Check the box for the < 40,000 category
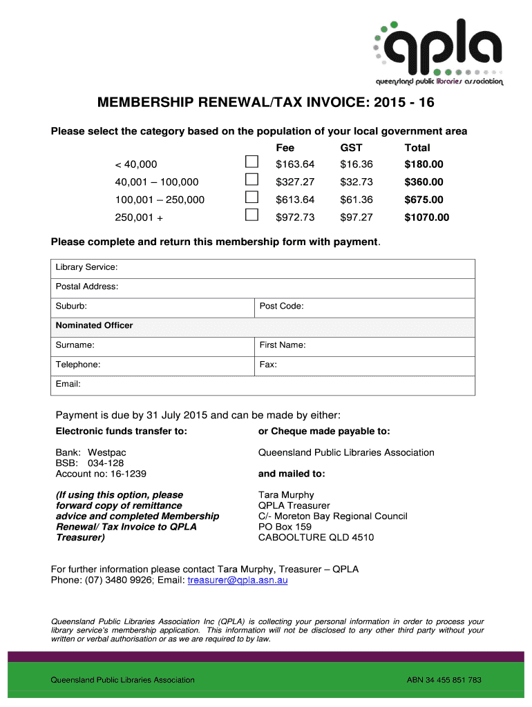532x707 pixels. click(252, 162)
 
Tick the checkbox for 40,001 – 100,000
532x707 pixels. click(252, 180)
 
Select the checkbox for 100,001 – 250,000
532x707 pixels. click(252, 198)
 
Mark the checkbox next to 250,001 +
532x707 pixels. click(252, 216)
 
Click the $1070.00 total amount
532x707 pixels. click(426, 217)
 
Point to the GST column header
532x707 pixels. click(351, 148)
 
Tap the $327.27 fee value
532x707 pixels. click(295, 182)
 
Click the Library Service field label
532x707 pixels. click(86, 267)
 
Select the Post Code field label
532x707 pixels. click(281, 306)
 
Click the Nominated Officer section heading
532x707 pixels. click(94, 325)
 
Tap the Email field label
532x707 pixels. click(68, 383)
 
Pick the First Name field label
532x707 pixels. click(283, 345)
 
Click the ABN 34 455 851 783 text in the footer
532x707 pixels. click(444, 680)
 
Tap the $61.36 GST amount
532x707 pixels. click(357, 200)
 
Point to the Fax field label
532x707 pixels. click(268, 364)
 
